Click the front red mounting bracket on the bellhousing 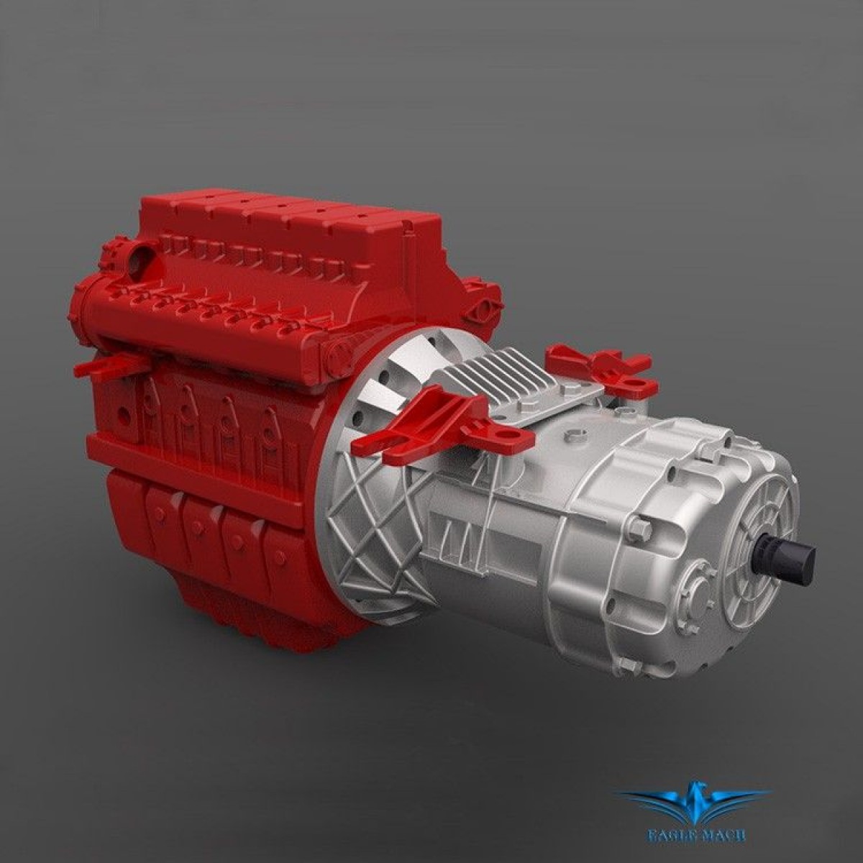424,424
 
